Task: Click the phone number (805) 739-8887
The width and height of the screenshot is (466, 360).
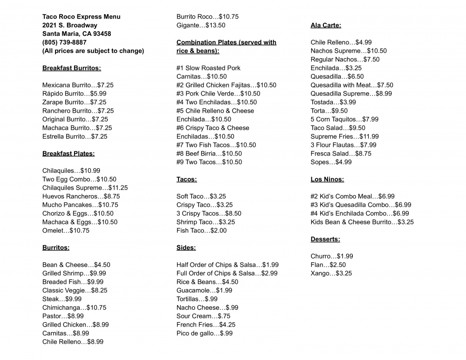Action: [64, 42]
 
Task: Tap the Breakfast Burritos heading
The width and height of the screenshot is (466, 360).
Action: [71, 68]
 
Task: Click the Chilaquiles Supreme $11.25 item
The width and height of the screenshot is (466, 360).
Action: [85, 188]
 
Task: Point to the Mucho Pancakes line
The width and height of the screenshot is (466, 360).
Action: [80, 205]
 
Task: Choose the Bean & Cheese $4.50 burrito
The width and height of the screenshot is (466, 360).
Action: [76, 265]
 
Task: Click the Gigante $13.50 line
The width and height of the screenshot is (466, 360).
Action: [200, 25]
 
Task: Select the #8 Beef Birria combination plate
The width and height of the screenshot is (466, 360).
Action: [209, 154]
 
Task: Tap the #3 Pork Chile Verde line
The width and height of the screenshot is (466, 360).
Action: [218, 94]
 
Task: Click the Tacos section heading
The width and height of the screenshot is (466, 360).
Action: [186, 179]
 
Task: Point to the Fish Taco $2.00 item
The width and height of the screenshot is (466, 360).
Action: [201, 231]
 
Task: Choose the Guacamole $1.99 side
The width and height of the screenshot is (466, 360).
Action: [204, 291]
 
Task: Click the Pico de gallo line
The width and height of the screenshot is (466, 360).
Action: [204, 333]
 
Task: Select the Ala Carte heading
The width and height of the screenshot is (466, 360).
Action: [326, 25]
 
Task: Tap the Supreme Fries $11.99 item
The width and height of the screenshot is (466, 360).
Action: [344, 136]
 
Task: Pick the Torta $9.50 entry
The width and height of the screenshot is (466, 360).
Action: [329, 111]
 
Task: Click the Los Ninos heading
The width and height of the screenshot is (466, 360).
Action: [327, 179]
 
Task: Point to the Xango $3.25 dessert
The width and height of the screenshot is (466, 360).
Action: [331, 273]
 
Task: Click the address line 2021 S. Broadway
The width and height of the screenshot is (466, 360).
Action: [70, 25]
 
